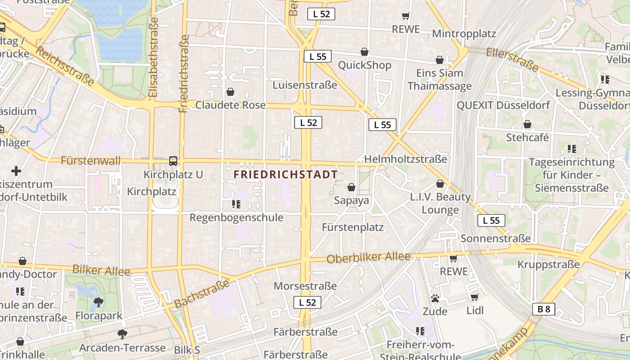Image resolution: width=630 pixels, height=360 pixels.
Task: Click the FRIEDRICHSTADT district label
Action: [286, 175]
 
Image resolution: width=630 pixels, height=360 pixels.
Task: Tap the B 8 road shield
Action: [544, 309]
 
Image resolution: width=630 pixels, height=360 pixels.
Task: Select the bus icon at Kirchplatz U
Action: [173, 161]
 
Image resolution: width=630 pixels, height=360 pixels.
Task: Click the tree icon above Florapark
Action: [98, 302]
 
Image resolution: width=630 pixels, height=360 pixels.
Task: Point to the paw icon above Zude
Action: [435, 298]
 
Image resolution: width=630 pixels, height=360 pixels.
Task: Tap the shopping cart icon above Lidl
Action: [474, 297]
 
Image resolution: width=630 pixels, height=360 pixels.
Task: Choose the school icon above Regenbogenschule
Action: [236, 204]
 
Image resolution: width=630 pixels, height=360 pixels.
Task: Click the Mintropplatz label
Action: [463, 34]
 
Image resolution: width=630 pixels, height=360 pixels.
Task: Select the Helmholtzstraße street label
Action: [405, 159]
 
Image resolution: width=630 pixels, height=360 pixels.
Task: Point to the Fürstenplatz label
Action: [352, 227]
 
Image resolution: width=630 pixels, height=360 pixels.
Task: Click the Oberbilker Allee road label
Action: [369, 258]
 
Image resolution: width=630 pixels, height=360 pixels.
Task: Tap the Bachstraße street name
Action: [202, 294]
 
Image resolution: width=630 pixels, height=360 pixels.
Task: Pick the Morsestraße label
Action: [305, 286]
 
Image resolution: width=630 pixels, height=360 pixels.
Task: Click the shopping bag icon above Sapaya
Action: [351, 187]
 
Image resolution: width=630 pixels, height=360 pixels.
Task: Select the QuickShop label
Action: [364, 65]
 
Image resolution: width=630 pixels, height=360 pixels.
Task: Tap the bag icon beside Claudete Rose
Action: [230, 92]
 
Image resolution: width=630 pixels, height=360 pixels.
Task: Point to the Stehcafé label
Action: [527, 137]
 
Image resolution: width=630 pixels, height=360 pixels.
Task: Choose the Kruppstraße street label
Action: [548, 265]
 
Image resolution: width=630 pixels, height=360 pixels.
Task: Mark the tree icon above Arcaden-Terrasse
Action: [122, 334]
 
